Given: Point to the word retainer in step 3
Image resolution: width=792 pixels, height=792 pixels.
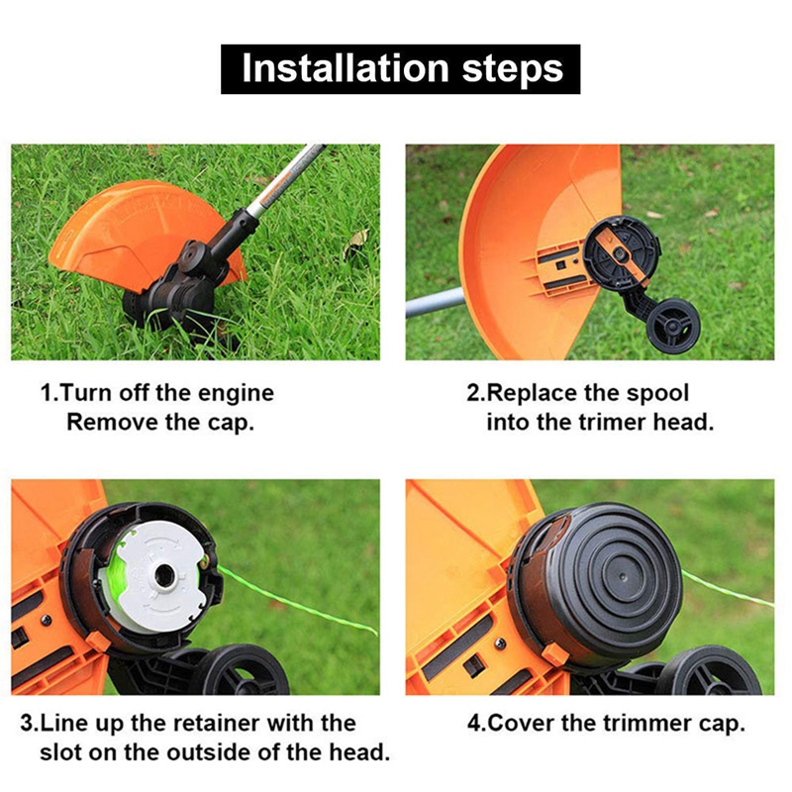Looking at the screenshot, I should tap(232, 723).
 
